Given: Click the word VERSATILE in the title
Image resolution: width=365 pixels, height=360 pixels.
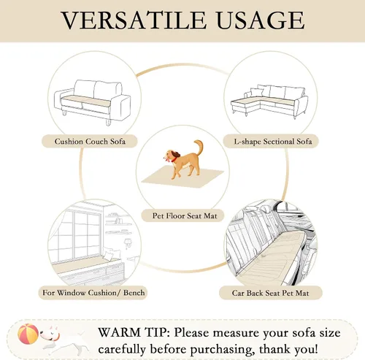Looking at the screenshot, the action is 134,20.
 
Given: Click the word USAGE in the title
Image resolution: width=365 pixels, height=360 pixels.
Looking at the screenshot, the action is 260,20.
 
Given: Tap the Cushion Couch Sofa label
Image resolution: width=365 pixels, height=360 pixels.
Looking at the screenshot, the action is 90,142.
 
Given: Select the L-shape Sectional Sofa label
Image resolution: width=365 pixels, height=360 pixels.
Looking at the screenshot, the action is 273,142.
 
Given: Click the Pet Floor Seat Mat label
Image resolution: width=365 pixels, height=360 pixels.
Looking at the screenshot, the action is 185,215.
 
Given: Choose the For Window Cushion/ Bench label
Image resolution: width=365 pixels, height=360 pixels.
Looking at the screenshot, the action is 93,293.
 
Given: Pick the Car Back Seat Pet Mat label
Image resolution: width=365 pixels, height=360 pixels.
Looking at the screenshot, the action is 270,293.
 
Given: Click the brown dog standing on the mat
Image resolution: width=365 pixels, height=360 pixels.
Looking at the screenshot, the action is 183,159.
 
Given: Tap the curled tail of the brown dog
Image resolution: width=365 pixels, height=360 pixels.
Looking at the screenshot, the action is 199,147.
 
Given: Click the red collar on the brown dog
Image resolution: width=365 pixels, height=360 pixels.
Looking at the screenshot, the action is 174,159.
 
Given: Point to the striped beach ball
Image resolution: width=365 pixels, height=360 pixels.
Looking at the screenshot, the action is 28,334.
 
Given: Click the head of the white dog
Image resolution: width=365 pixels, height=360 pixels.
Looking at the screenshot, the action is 50,334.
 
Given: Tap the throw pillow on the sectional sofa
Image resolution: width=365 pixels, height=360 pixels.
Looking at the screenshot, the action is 256,92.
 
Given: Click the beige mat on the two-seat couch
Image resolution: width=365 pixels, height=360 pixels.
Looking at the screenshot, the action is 85,101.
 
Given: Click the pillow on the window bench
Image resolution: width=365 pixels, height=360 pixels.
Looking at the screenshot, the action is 107,256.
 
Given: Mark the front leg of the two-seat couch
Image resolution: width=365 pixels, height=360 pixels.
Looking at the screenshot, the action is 108,122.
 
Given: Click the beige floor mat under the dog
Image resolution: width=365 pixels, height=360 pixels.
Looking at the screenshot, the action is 182,177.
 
